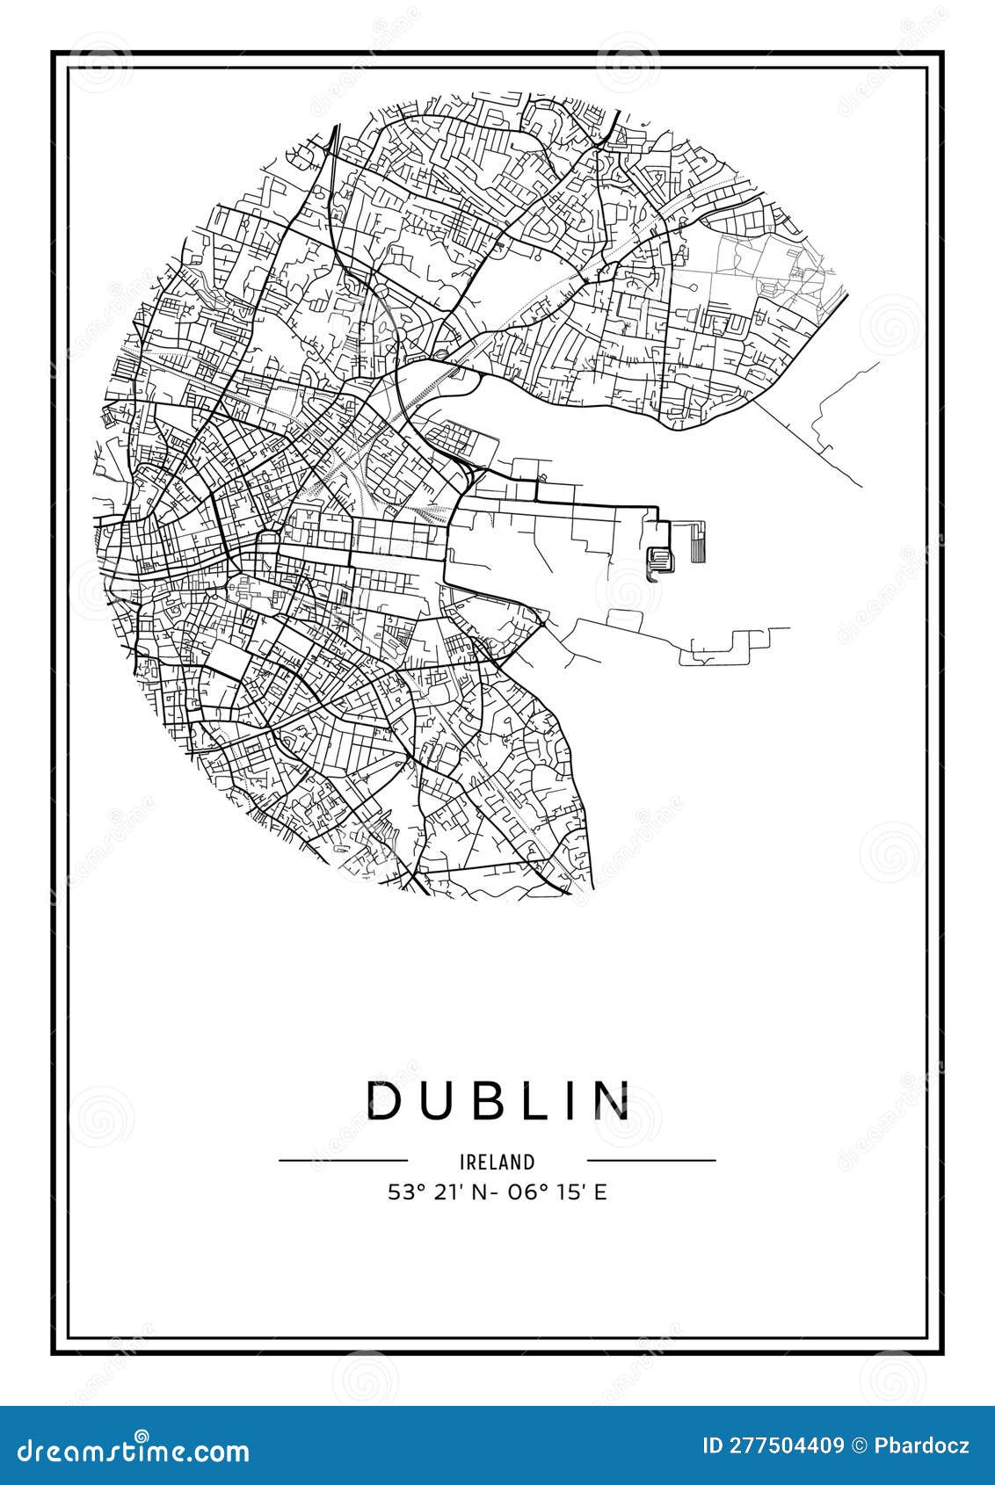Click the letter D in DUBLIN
[385, 1099]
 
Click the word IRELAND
[497, 1162]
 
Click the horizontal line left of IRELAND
[344, 1160]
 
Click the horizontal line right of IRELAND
[651, 1160]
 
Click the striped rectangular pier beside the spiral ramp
[696, 542]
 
